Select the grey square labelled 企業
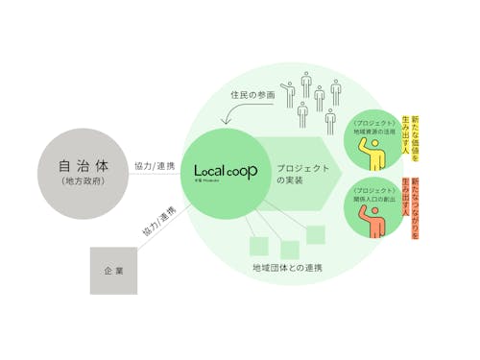(112, 271)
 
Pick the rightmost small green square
(316, 233)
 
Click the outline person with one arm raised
(288, 84)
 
